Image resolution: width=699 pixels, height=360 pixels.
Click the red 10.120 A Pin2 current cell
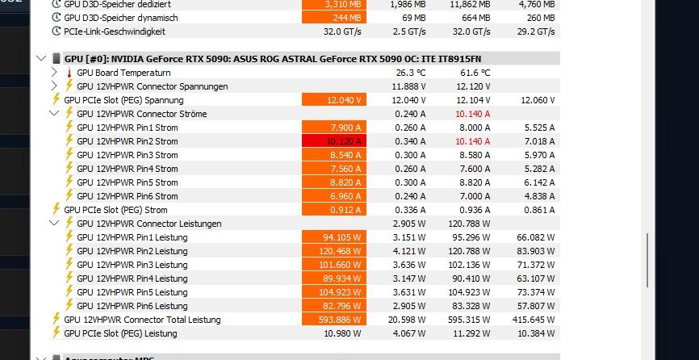pyautogui.click(x=334, y=141)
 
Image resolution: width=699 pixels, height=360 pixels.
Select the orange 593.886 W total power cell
pyautogui.click(x=334, y=320)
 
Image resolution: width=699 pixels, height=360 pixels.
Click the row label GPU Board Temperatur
pyautogui.click(x=123, y=73)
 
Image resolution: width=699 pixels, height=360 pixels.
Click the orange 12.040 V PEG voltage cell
pyautogui.click(x=334, y=100)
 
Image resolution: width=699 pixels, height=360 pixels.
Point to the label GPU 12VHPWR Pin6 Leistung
pyautogui.click(x=132, y=306)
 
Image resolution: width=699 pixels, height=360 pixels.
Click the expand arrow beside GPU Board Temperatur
pyautogui.click(x=54, y=73)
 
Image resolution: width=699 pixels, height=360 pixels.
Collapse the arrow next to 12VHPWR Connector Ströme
pyautogui.click(x=54, y=114)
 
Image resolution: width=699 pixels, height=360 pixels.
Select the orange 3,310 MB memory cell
pyautogui.click(x=334, y=4)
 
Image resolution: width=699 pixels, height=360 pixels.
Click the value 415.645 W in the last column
pyautogui.click(x=535, y=320)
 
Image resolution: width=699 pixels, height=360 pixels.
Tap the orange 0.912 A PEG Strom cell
pyautogui.click(x=334, y=210)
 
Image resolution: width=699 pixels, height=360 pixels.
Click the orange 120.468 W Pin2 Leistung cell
pyautogui.click(x=334, y=251)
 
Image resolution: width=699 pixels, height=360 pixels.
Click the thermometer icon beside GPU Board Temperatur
pyautogui.click(x=69, y=73)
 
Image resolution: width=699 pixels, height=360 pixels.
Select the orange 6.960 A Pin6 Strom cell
pyautogui.click(x=334, y=196)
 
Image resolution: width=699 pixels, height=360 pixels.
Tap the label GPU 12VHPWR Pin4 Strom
pyautogui.click(x=128, y=169)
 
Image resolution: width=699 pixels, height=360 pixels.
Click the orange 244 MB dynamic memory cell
pyautogui.click(x=334, y=18)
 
